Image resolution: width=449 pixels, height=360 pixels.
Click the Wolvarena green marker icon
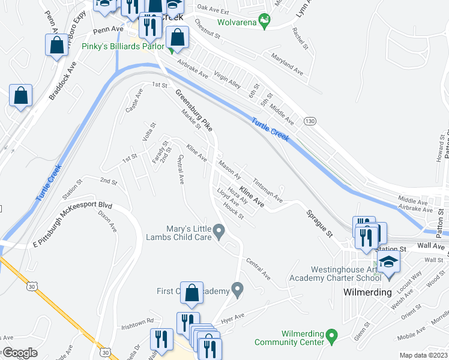[263, 23]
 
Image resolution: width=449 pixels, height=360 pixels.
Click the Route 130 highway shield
[310, 121]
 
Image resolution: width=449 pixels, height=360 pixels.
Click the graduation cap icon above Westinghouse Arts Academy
[388, 262]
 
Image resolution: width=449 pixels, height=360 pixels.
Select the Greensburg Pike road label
[194, 111]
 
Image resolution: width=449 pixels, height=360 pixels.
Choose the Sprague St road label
[319, 223]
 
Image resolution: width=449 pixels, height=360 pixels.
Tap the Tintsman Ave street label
[267, 188]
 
